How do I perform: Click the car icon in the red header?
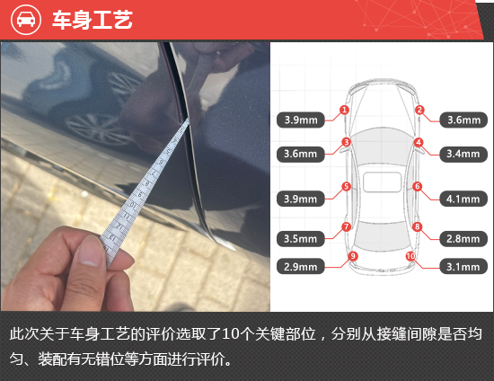pos(26,20)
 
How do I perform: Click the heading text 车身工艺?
pos(93,20)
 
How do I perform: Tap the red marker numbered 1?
pos(344,110)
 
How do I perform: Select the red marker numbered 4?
pos(419,143)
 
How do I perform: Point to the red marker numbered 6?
pos(418,187)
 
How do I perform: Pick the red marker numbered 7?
pos(346,226)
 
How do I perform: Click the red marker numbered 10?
pos(410,256)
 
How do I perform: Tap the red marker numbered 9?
pos(353,256)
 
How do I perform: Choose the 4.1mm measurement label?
pos(463,199)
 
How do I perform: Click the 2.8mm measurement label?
pos(463,239)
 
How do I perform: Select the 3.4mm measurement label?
pos(463,154)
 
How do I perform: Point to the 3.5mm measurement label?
pos(301,239)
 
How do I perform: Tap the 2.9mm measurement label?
pos(301,267)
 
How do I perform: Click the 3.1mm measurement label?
pos(463,267)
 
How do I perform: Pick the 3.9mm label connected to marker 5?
pos(301,199)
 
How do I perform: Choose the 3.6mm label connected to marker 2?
pos(463,120)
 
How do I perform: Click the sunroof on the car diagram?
pos(382,182)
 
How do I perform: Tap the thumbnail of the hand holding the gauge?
pos(135,177)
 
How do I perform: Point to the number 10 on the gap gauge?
pos(133,206)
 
